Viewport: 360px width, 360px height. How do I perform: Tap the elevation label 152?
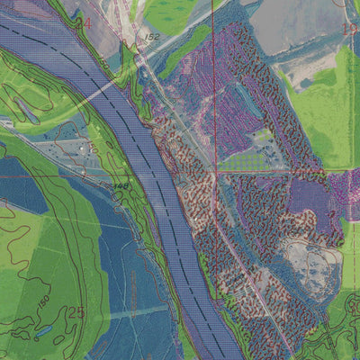pos(151,37)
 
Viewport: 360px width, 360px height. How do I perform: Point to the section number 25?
pos(76,312)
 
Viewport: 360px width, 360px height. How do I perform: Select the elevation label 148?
pos(120,185)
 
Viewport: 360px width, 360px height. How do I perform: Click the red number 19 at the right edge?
pos(348,28)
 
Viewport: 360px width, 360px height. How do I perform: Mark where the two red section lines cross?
pos(213,170)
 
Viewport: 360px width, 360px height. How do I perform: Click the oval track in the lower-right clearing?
pos(310,261)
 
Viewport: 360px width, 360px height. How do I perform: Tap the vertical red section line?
pos(213,90)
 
